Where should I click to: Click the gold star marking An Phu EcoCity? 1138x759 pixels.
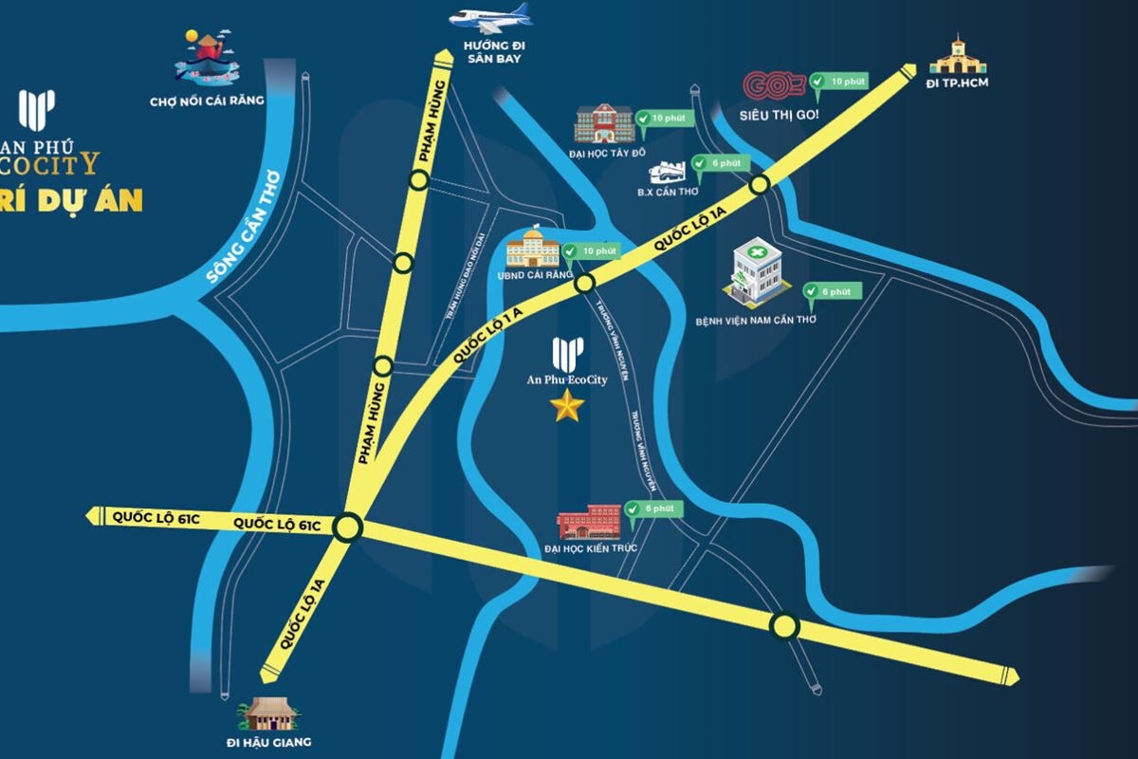(567, 407)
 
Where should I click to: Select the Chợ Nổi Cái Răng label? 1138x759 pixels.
(207, 101)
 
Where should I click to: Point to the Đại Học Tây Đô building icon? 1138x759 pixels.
(604, 123)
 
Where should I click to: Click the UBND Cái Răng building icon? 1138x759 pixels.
(532, 248)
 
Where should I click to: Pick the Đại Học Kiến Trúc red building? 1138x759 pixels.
(590, 523)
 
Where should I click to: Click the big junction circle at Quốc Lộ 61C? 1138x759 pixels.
(348, 526)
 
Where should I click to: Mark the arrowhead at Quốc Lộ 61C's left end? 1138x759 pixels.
(94, 516)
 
